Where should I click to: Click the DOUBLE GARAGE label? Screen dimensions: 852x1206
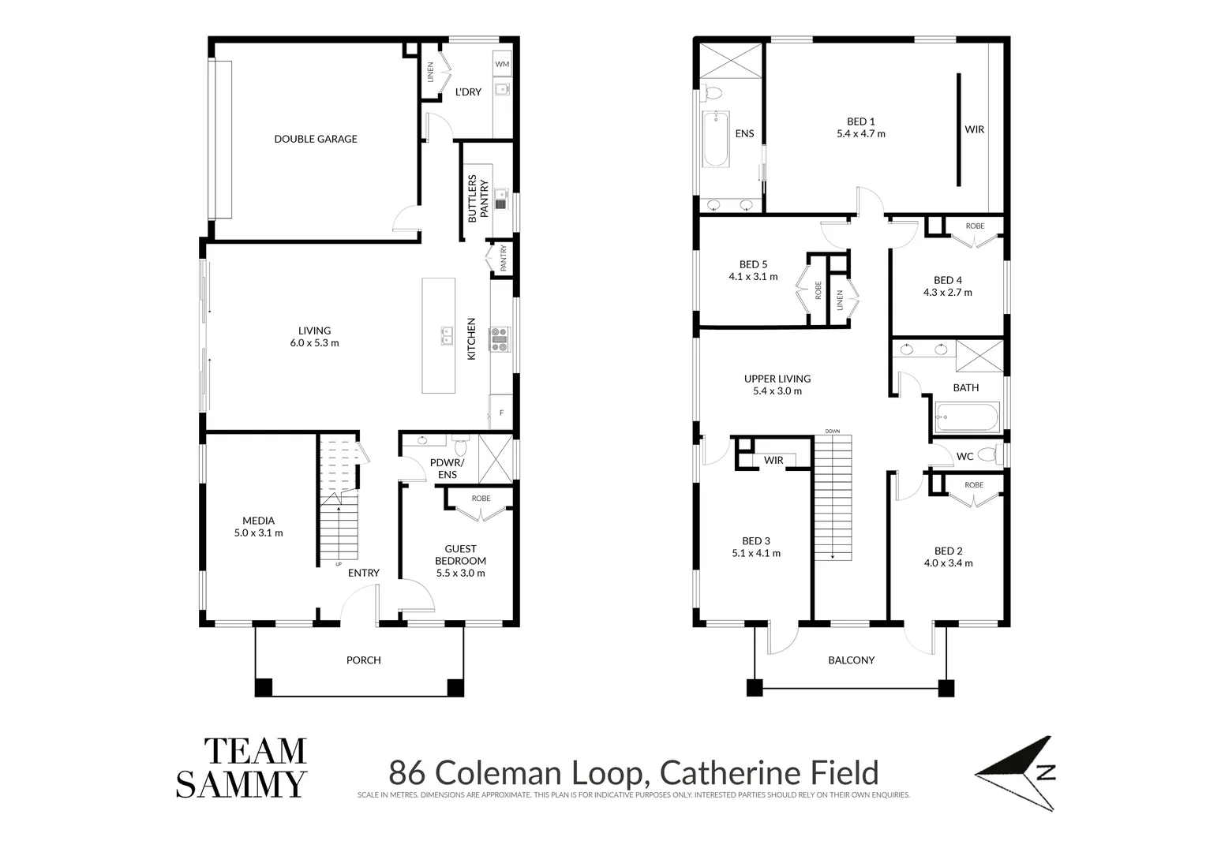[316, 139]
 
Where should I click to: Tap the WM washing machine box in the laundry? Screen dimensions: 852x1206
[502, 64]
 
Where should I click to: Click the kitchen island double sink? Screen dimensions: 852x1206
[447, 336]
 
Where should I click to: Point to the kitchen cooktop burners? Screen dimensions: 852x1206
[500, 338]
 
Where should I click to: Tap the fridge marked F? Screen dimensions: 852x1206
[501, 413]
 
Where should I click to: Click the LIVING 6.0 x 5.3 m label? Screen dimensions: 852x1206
[314, 337]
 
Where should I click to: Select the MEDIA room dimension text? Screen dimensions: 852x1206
[258, 533]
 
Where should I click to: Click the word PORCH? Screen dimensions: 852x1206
[363, 660]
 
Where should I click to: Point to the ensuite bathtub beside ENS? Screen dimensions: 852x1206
[715, 139]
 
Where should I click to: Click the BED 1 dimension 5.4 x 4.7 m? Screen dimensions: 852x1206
[861, 134]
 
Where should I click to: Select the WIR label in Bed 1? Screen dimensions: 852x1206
[975, 129]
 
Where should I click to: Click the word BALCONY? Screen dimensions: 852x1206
[851, 660]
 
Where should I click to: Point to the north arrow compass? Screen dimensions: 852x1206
[1022, 773]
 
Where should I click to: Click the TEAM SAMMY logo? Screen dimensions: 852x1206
[242, 768]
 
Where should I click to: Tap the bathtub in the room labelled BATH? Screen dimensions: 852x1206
[967, 417]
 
